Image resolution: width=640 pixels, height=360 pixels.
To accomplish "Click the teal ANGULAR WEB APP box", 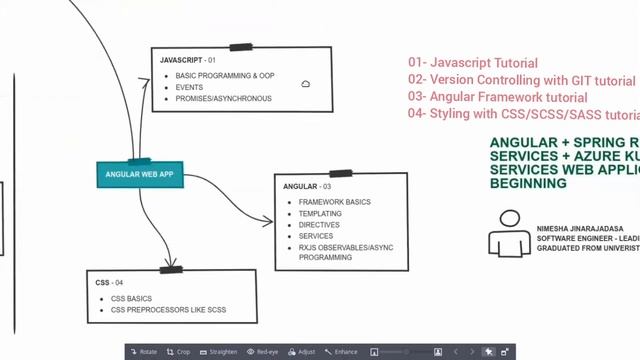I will (140, 174).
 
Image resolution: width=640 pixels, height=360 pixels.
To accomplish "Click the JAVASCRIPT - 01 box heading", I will (188, 61).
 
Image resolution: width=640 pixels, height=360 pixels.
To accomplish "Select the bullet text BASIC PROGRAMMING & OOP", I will (224, 76).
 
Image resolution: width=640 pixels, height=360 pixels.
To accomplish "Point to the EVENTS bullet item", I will (189, 87).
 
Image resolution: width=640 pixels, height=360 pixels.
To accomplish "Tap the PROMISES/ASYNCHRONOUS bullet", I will (223, 98).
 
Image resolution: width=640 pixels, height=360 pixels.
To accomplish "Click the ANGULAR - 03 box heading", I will (307, 187).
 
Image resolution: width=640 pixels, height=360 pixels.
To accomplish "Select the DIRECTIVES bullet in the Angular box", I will (319, 225).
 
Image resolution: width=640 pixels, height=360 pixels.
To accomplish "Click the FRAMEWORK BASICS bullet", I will (334, 202).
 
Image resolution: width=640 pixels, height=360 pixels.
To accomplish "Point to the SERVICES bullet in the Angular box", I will (316, 236).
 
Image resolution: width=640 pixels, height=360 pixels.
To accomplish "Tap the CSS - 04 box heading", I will (109, 283).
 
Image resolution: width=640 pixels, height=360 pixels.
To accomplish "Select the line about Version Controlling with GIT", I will (521, 80).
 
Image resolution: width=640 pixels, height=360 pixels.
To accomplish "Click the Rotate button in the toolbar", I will (144, 352).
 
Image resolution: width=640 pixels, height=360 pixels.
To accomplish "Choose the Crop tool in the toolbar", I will (179, 352).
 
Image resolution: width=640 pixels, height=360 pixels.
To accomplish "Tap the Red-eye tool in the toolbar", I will (263, 352).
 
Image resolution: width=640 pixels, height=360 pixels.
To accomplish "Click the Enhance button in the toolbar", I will (342, 352).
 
